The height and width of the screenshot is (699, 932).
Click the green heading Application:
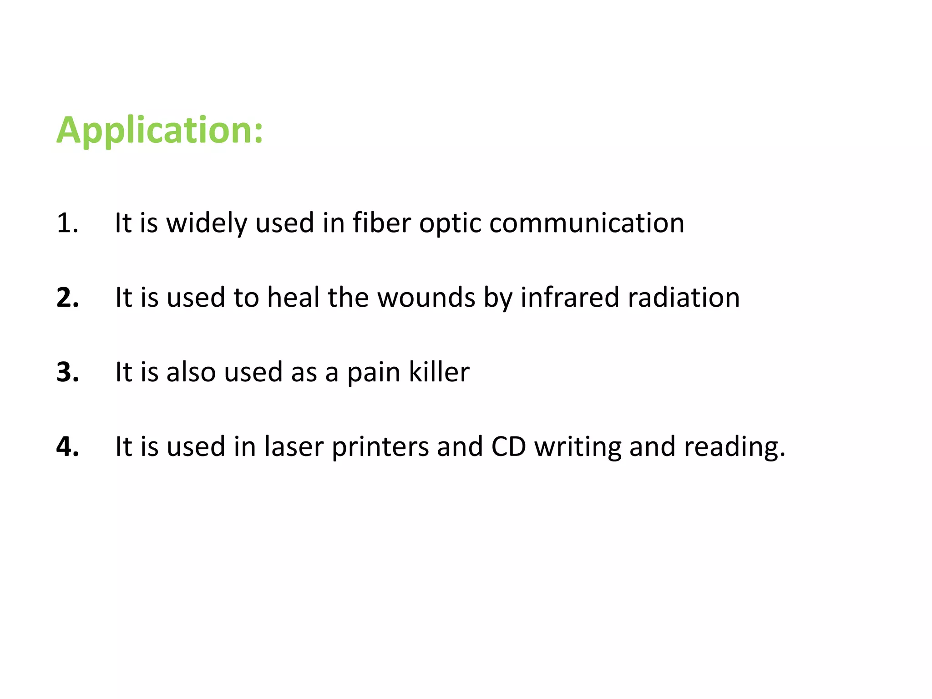(x=160, y=131)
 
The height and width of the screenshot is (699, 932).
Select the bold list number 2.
(x=67, y=298)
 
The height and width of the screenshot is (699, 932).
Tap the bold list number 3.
(x=67, y=372)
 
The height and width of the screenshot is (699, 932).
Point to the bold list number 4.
(x=67, y=447)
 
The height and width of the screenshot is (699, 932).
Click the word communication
(x=587, y=223)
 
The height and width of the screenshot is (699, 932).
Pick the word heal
(x=293, y=298)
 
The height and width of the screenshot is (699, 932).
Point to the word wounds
(x=426, y=298)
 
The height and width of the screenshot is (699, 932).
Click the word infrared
(x=570, y=298)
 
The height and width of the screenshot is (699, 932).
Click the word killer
(x=439, y=372)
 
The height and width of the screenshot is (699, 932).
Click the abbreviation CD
(x=508, y=447)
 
